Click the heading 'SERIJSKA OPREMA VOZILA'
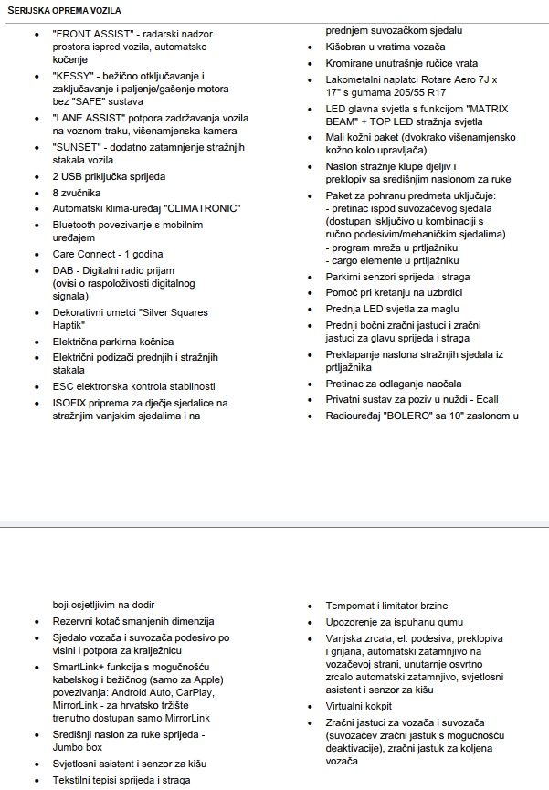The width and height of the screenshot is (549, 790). (63, 9)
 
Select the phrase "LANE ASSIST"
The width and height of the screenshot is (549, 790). (90, 119)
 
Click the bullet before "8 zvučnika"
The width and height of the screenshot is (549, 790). (36, 194)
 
